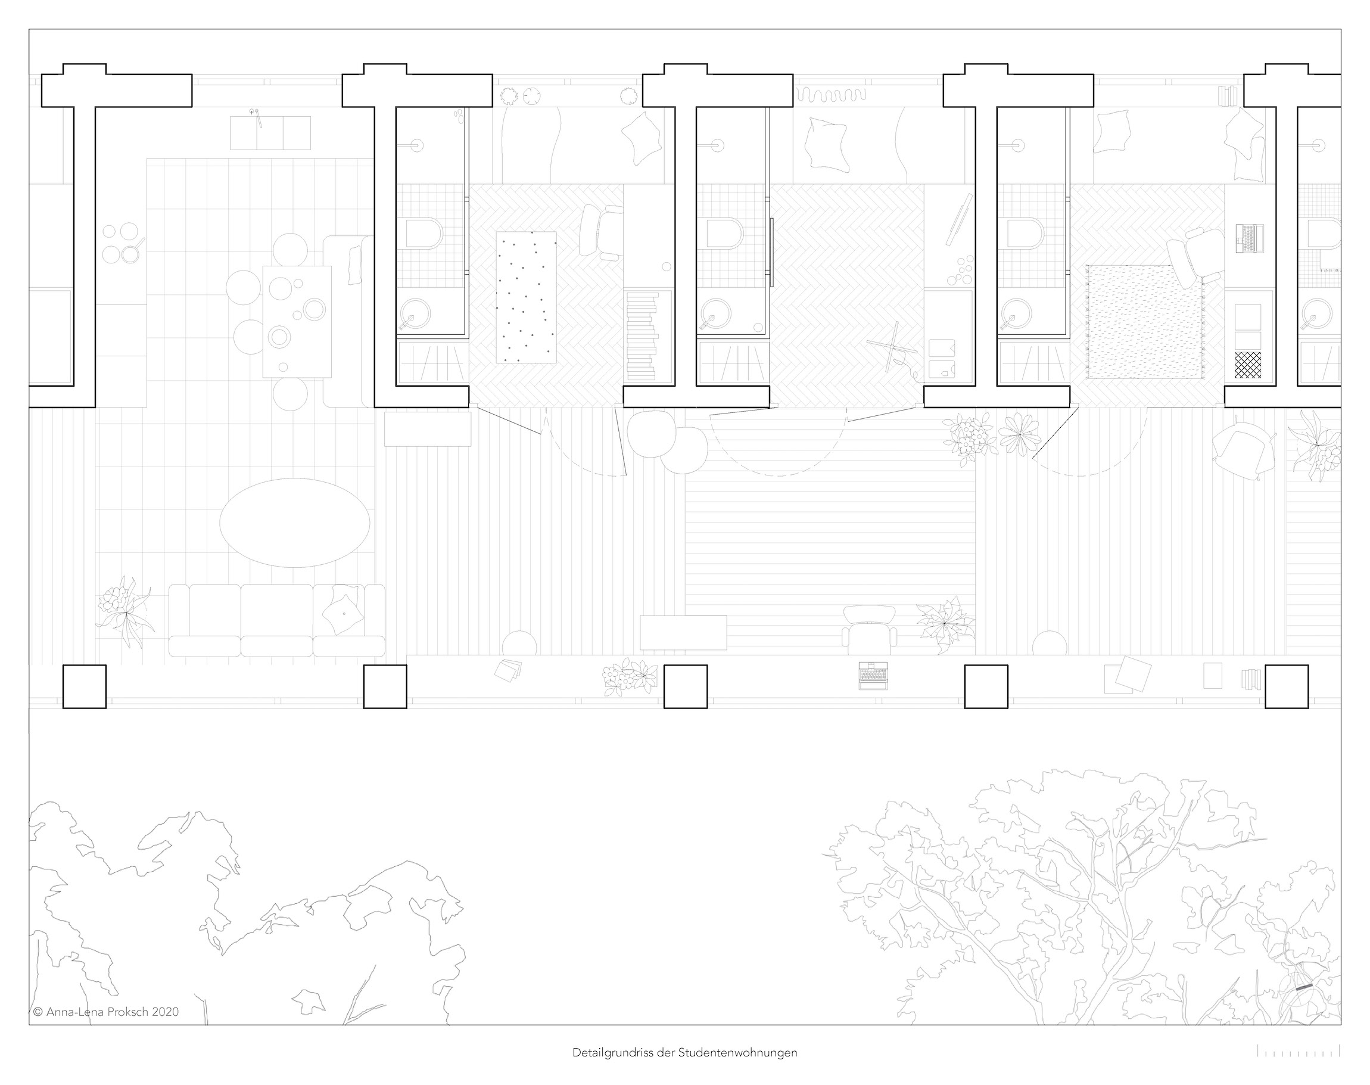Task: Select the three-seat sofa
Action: coord(277,620)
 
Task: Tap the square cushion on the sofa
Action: coord(344,613)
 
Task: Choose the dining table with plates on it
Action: coord(297,321)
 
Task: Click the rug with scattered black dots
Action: coord(526,297)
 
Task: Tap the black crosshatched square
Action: coord(1247,365)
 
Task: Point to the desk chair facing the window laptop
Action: coord(870,629)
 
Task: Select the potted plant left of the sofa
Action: coord(125,610)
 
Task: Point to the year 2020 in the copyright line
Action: coord(165,1012)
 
